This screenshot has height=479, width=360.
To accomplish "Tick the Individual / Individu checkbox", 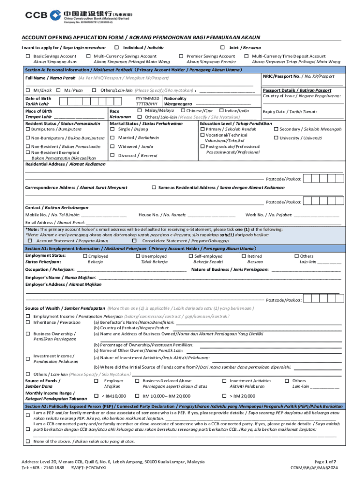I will tap(116, 48).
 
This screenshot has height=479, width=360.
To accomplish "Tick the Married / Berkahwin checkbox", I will tap(112, 138).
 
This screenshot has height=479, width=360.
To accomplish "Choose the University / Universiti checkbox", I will tap(276, 138).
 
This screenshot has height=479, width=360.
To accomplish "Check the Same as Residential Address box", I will tap(154, 187).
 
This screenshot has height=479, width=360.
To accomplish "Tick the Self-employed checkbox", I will tap(191, 256).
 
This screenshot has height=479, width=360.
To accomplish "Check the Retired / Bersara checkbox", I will tap(244, 256).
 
